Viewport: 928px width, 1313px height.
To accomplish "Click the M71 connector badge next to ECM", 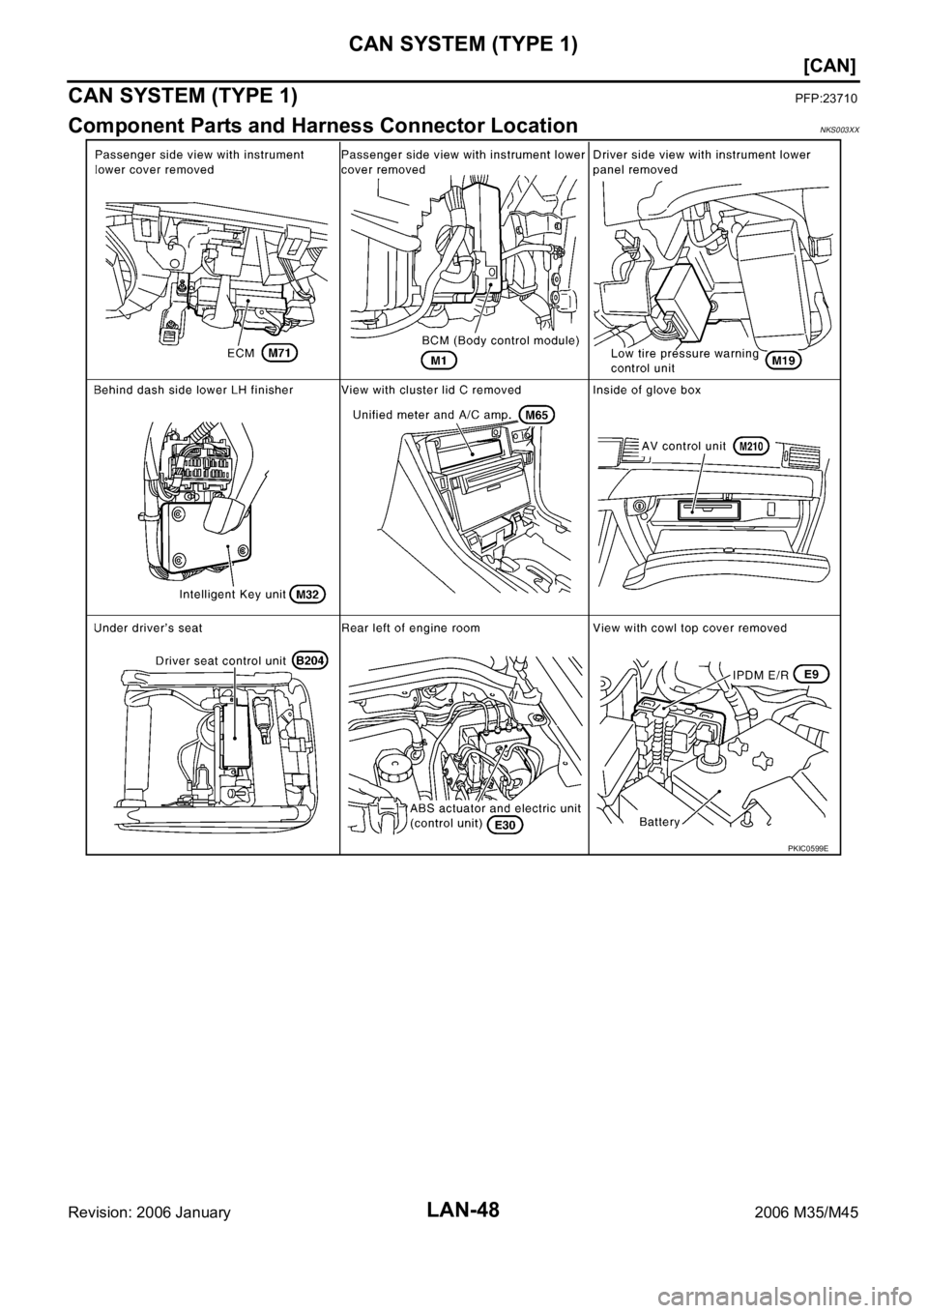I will pos(278,354).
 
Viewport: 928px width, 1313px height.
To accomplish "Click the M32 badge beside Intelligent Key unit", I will pos(306,594).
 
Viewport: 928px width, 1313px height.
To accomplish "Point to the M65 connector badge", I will pos(536,415).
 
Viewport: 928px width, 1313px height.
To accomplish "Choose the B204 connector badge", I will pos(312,659).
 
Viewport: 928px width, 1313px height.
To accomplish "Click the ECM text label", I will pos(241,354).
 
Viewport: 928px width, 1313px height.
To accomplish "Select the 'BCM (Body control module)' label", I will pos(500,341).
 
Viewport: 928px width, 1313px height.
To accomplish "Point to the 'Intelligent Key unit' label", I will pos(230,594).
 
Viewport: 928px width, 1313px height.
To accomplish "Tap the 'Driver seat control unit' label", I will pos(221,659).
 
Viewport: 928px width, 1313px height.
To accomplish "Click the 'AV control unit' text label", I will pos(683,446).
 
